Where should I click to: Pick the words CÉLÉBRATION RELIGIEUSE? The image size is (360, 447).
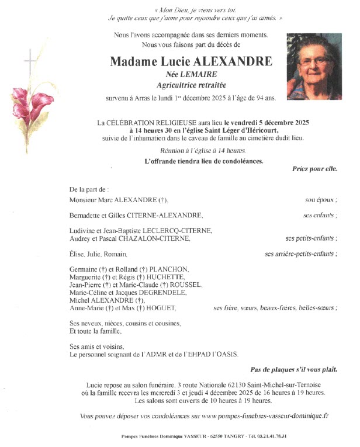[153, 123]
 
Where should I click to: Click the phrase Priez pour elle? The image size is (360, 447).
[314, 169]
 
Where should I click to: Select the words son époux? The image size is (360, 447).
[321, 200]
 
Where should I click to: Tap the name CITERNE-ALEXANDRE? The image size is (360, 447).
[169, 215]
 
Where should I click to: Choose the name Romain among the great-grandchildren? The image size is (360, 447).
[116, 254]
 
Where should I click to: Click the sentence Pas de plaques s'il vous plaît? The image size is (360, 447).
[293, 370]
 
